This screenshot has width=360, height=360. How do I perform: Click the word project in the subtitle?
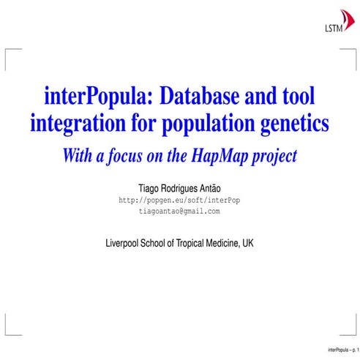270,155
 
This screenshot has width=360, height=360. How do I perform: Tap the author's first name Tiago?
139,187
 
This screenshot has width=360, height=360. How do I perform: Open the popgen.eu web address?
179,200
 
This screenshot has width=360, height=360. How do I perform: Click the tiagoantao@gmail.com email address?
179,211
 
